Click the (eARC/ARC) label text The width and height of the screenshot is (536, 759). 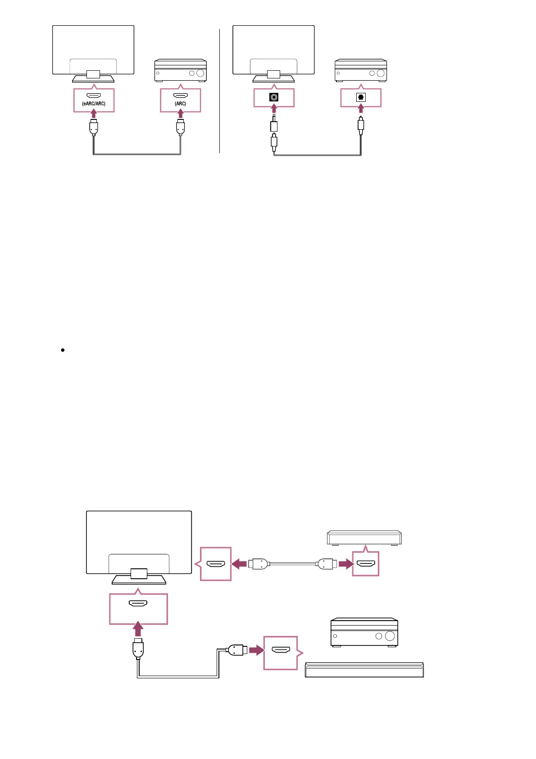pyautogui.click(x=94, y=104)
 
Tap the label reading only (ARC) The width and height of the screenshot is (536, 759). pyautogui.click(x=181, y=104)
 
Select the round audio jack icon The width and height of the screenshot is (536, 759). pyautogui.click(x=274, y=97)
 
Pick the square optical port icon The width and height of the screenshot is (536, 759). pyautogui.click(x=361, y=97)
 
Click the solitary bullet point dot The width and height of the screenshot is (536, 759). pyautogui.click(x=63, y=350)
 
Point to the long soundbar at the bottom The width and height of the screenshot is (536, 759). pyautogui.click(x=364, y=670)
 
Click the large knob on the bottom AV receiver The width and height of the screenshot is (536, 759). pyautogui.click(x=390, y=636)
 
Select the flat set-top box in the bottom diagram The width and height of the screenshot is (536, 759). pyautogui.click(x=364, y=538)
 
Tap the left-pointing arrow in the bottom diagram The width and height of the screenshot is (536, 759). pyautogui.click(x=239, y=563)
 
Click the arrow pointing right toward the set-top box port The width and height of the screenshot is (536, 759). pyautogui.click(x=346, y=563)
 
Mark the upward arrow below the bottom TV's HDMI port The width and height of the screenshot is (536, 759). pyautogui.click(x=138, y=629)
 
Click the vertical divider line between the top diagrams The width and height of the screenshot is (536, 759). pyautogui.click(x=220, y=90)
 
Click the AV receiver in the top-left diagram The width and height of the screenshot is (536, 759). pyautogui.click(x=181, y=70)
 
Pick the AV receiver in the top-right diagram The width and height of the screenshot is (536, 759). pyautogui.click(x=361, y=70)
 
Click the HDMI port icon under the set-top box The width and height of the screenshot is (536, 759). pyautogui.click(x=365, y=563)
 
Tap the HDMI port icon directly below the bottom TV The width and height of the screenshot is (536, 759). pyautogui.click(x=138, y=604)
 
